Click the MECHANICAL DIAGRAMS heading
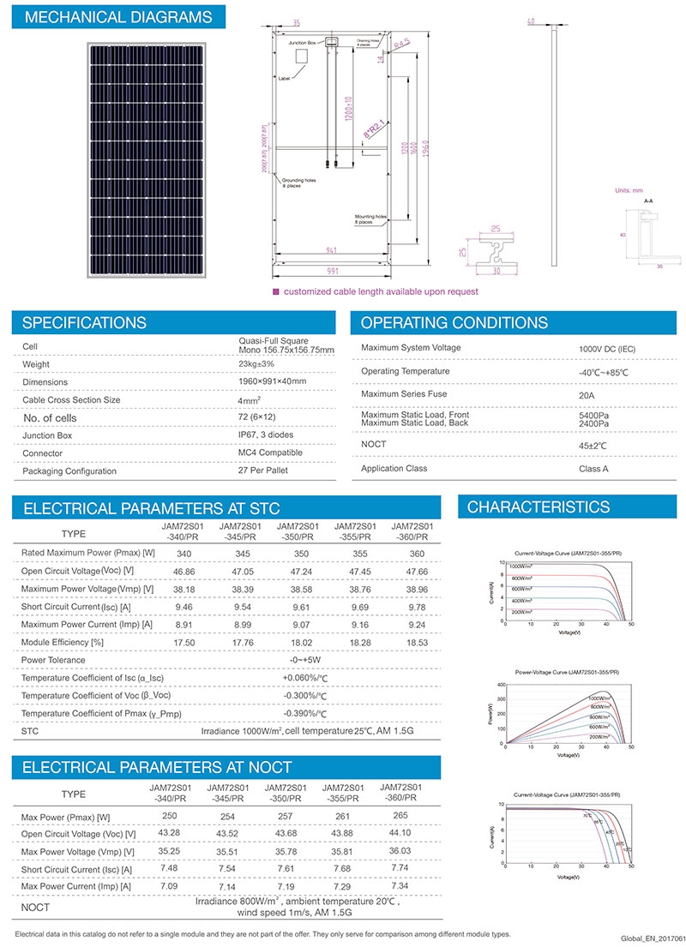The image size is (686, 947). [x=119, y=17]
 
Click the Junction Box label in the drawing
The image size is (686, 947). [x=304, y=41]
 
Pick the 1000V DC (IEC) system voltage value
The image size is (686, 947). [x=608, y=349]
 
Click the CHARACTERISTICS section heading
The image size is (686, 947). [x=539, y=508]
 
